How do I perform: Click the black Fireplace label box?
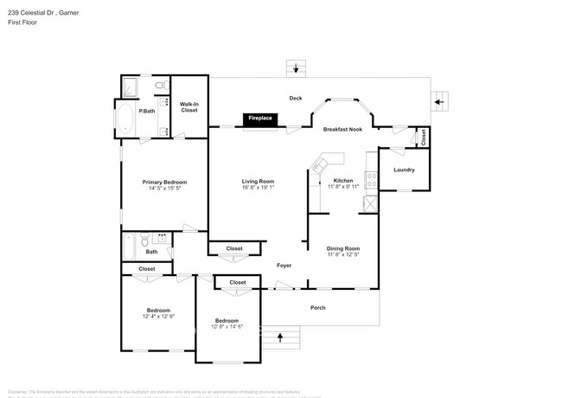(x=259, y=119)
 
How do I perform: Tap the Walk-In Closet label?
(x=188, y=107)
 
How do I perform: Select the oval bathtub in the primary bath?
(x=125, y=119)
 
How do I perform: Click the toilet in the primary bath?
(x=160, y=86)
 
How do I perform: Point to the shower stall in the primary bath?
(x=131, y=87)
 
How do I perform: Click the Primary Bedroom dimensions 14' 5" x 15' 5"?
(x=164, y=188)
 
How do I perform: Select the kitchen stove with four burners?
(x=372, y=180)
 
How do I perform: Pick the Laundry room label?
(x=404, y=170)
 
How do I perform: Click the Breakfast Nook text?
(x=342, y=129)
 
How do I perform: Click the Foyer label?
(x=284, y=266)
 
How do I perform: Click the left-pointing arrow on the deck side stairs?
(x=439, y=101)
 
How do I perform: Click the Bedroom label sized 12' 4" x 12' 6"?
(x=157, y=310)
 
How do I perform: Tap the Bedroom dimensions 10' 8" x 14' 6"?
(x=228, y=325)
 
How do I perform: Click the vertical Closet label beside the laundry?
(x=424, y=137)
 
